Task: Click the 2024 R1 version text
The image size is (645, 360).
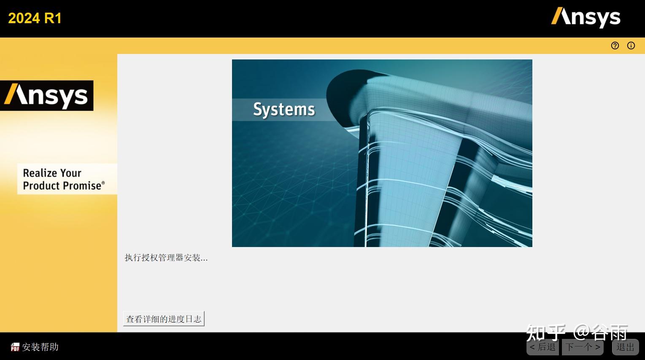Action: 35,18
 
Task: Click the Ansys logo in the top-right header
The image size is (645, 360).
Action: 586,18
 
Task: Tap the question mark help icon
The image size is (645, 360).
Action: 615,46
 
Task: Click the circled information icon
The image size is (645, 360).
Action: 631,46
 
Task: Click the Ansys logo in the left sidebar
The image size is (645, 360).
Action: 46,96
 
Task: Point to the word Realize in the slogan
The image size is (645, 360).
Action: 40,173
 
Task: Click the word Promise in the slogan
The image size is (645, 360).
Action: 82,186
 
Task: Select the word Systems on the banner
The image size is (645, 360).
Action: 284,110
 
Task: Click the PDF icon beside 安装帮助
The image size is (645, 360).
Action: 15,347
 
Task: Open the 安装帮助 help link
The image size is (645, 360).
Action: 40,347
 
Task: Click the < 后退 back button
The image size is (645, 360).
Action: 542,347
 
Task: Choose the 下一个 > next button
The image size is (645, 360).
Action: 583,347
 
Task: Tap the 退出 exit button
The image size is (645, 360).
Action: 625,347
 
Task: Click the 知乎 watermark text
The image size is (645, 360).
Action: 545,332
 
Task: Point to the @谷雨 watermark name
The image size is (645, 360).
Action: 601,332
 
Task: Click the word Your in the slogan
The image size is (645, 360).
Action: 71,173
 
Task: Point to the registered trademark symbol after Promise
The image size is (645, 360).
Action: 103,183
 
